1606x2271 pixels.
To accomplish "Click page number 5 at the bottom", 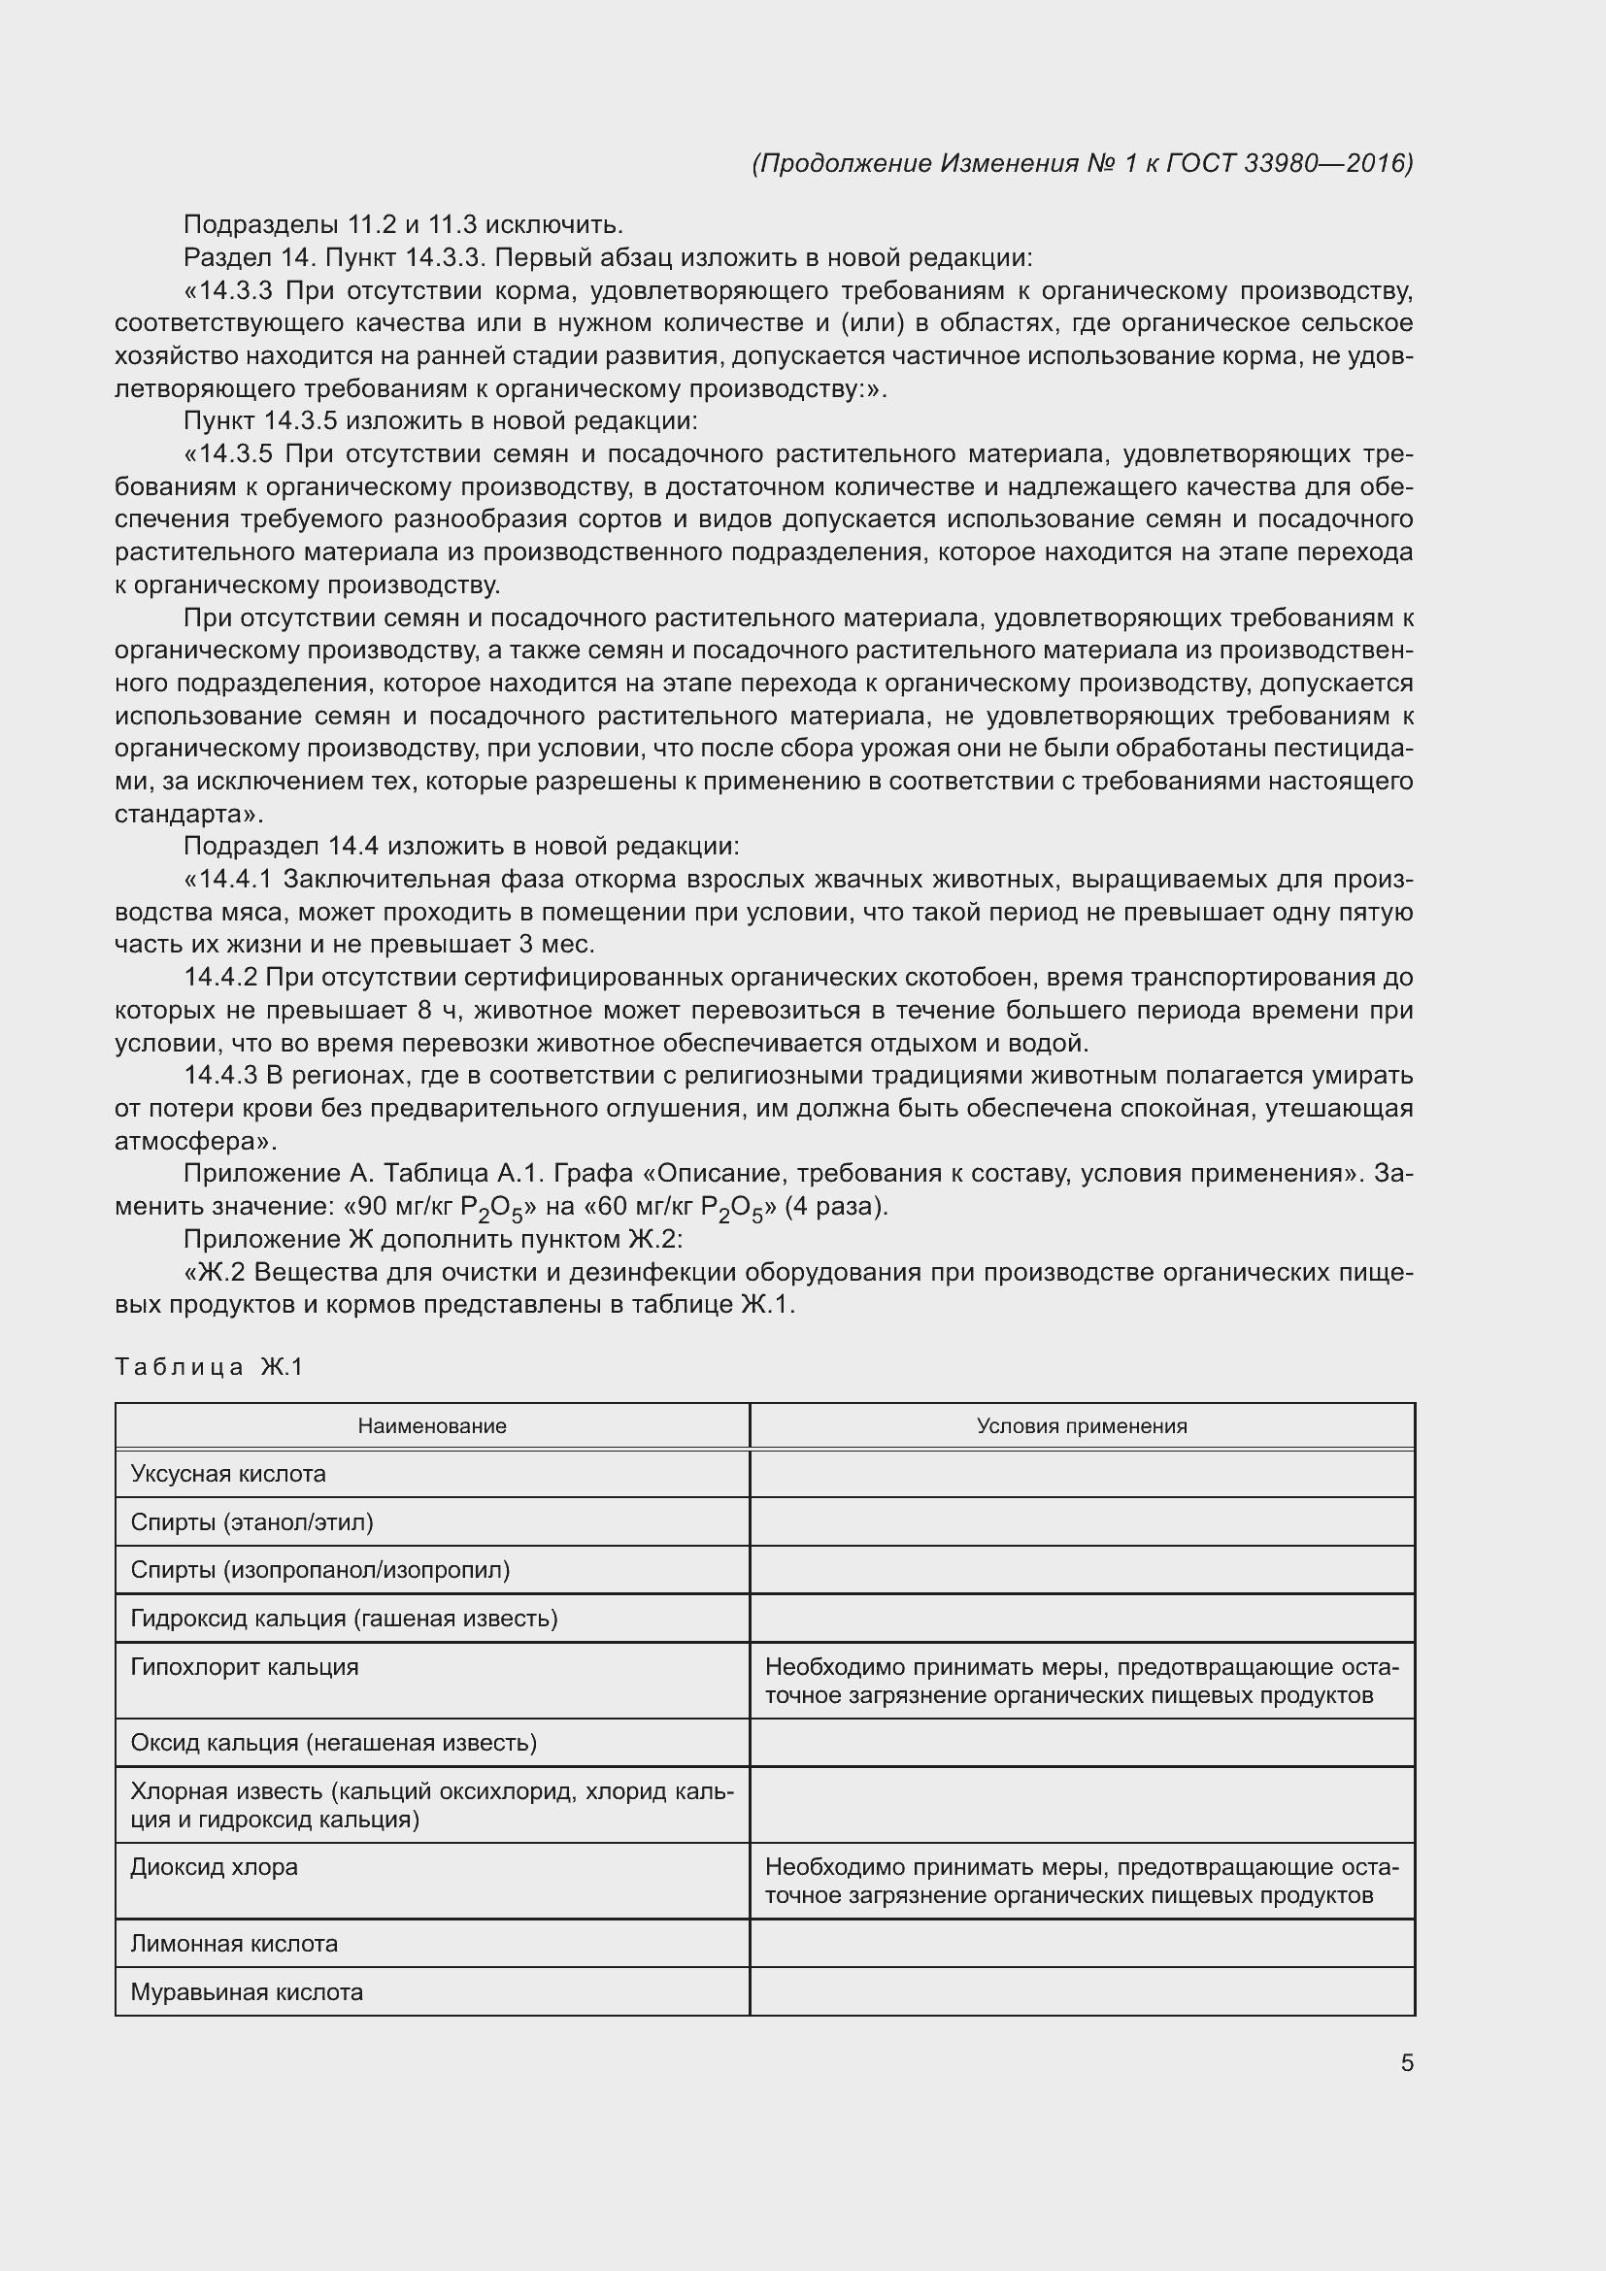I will point(1406,2063).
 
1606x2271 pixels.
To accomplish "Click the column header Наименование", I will point(432,1425).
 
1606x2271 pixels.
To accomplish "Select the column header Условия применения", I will point(1082,1425).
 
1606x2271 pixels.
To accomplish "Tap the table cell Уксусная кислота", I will point(228,1474).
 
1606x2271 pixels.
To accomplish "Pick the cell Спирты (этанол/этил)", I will point(252,1522).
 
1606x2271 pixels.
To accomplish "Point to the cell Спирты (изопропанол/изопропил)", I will point(320,1570).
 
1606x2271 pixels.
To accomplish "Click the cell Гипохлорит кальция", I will point(246,1667).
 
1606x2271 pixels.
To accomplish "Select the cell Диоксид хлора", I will point(215,1867).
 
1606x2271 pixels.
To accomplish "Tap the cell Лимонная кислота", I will point(234,1944).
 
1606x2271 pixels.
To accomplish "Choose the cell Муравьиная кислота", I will point(248,1992).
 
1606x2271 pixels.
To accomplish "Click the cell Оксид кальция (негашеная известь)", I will point(334,1743).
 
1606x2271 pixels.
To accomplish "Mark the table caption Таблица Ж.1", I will point(209,1367).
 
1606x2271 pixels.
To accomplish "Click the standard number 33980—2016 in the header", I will point(1327,163).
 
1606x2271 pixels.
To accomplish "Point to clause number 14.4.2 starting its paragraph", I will point(220,979).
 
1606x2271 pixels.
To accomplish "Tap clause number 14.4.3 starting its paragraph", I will point(220,1075).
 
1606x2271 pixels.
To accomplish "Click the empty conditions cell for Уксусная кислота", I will point(1082,1474).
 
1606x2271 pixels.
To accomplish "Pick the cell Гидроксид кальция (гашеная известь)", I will point(344,1619).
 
